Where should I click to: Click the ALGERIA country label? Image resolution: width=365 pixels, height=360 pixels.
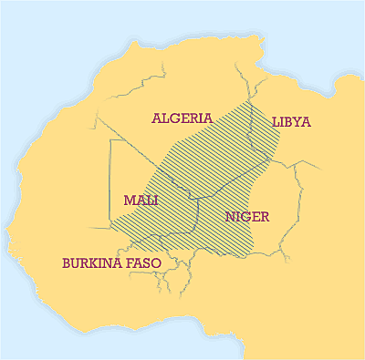click(x=182, y=118)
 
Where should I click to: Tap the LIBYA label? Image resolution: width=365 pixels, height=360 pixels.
click(x=291, y=121)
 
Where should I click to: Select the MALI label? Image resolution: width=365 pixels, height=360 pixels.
click(x=140, y=201)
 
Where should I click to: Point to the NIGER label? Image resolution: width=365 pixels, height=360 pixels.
click(x=246, y=217)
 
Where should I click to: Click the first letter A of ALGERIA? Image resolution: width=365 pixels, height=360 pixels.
click(x=157, y=118)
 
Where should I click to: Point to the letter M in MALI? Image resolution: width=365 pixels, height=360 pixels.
click(x=128, y=201)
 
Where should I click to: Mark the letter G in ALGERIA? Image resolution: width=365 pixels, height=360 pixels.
click(x=177, y=118)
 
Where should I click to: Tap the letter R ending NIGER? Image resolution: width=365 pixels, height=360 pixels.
click(x=263, y=217)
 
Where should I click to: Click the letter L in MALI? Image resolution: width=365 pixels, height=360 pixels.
click(x=148, y=201)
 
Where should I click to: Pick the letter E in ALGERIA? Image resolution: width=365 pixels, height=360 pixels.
click(x=186, y=118)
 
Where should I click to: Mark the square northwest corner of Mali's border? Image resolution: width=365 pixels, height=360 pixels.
click(x=110, y=140)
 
